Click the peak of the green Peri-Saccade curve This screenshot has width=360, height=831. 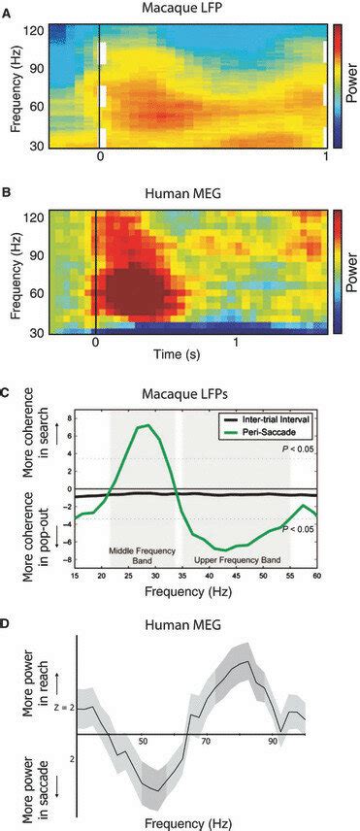pyautogui.click(x=145, y=425)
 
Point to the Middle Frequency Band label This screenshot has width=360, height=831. pyautogui.click(x=143, y=556)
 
